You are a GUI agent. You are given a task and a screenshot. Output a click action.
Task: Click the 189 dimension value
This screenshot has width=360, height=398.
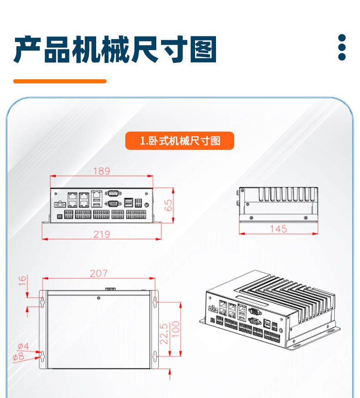pos(102,171)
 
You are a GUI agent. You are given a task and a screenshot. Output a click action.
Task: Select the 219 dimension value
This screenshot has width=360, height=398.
pos(102,234)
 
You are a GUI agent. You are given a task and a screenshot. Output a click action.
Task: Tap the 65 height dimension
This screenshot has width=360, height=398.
pos(169,205)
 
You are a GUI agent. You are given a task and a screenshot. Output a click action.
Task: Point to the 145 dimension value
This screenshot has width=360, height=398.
pos(278,229)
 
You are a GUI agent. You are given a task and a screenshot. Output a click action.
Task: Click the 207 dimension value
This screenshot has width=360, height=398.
pos(98,273)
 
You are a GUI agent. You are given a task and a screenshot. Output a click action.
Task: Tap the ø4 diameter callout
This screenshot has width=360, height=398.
pos(21,346)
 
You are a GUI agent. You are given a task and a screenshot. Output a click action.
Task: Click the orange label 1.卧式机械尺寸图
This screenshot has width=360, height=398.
pos(180,141)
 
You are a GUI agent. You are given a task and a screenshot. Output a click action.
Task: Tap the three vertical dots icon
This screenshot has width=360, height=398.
pos(342,47)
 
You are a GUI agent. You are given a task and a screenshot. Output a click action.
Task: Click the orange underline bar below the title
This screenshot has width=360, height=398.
pos(60,81)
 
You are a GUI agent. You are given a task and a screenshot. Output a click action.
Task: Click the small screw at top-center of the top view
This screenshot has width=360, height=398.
pos(98,298)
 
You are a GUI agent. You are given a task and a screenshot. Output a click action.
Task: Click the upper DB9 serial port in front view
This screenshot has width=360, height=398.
pos(113,194)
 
